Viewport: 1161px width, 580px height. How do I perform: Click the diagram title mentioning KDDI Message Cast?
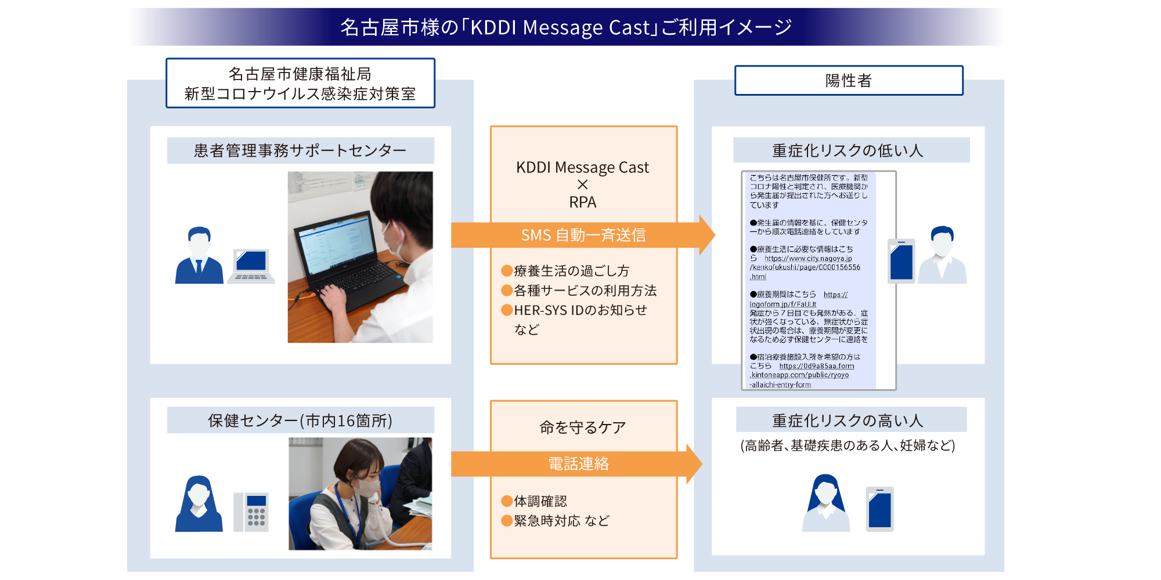(566, 27)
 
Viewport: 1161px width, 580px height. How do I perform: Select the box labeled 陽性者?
(849, 81)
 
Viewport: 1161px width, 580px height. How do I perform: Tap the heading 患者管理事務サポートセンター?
(300, 151)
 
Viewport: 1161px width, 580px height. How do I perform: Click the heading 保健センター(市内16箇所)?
(300, 420)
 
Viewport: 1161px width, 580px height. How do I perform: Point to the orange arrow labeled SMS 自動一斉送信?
(583, 235)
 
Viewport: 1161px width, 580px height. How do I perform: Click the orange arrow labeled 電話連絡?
(578, 463)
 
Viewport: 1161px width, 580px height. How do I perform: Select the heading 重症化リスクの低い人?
(848, 151)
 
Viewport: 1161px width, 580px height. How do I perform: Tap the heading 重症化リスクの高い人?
(848, 420)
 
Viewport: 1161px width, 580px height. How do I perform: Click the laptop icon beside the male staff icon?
(251, 266)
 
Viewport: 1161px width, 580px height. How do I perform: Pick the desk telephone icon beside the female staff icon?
(251, 512)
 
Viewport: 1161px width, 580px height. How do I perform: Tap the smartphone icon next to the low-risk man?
(901, 261)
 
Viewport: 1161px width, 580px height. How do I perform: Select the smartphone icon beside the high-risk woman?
(879, 509)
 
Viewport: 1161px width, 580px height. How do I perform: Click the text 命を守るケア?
(583, 427)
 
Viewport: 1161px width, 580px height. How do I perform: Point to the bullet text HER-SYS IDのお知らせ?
(580, 310)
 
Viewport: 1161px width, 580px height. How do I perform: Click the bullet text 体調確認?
(540, 501)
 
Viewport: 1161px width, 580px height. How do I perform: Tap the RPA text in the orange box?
(583, 202)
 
